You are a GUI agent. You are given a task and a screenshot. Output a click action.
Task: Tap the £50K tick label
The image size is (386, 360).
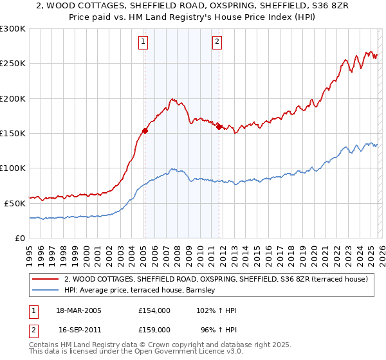[x=15, y=203]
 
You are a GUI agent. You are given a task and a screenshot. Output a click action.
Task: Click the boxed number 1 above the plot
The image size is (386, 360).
[x=143, y=42]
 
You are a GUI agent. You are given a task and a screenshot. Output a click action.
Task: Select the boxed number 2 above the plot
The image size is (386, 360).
[x=217, y=42]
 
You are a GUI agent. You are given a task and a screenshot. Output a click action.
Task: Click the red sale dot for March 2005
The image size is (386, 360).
[x=145, y=130]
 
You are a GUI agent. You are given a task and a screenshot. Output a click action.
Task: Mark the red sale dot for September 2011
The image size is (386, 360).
[x=219, y=127]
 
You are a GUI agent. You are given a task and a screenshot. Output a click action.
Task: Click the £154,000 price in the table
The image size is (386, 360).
[x=154, y=310]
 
